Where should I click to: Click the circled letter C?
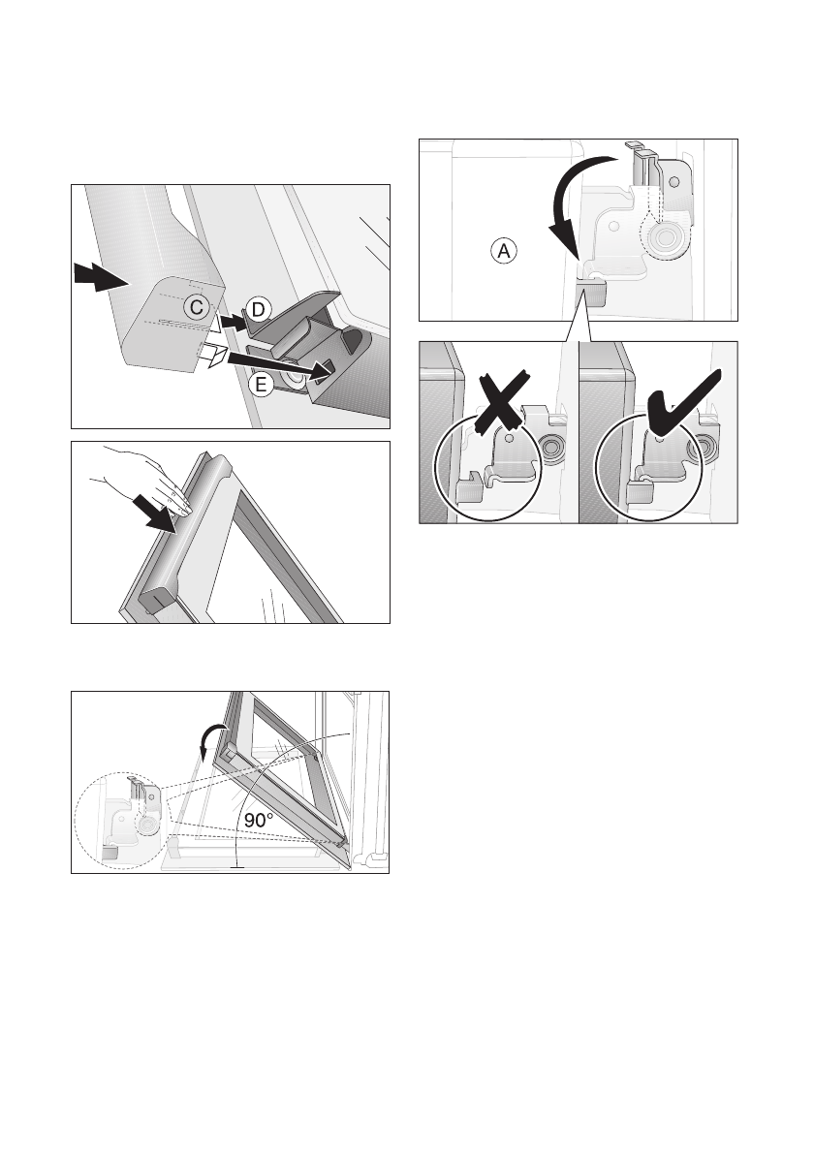(x=197, y=306)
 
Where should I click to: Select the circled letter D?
(x=258, y=310)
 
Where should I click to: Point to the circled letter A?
(x=504, y=251)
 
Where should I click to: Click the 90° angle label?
(x=259, y=819)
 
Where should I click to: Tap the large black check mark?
(x=681, y=404)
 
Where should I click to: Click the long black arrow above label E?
(x=278, y=365)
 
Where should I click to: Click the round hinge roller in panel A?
(x=666, y=237)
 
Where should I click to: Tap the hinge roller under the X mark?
(x=548, y=447)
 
